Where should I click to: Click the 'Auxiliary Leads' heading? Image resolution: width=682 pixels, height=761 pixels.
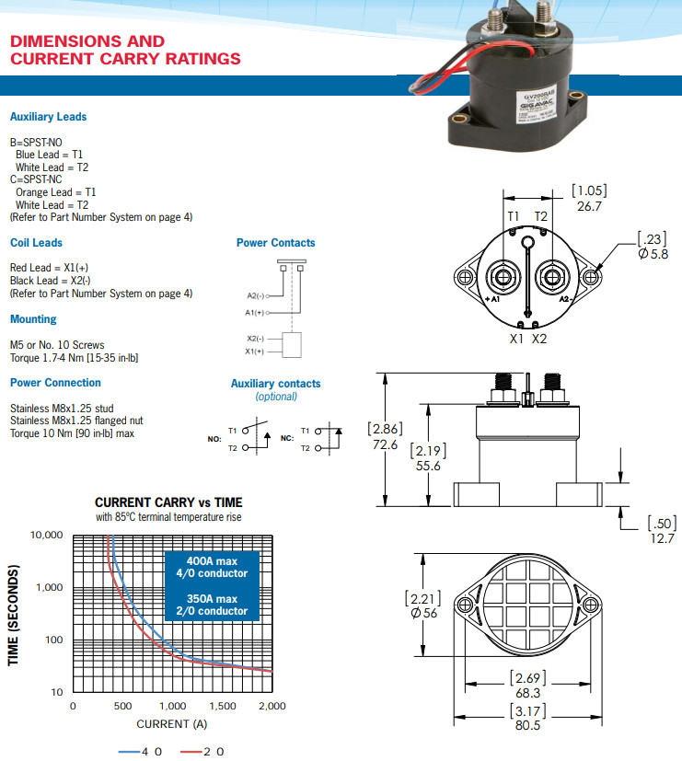point(48,117)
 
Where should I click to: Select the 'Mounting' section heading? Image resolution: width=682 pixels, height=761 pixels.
point(33,319)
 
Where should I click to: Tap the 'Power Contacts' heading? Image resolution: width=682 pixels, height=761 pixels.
point(275,243)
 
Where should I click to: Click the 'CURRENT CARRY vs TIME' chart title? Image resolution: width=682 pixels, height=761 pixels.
point(168,502)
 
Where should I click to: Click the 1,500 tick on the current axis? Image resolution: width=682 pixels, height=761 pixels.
point(223,706)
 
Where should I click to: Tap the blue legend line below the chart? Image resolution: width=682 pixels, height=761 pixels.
point(128,752)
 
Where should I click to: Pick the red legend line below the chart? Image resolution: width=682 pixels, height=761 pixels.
point(191,752)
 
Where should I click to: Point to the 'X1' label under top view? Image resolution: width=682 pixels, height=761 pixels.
point(517,339)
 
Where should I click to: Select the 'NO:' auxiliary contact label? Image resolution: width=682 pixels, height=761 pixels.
point(214,439)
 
